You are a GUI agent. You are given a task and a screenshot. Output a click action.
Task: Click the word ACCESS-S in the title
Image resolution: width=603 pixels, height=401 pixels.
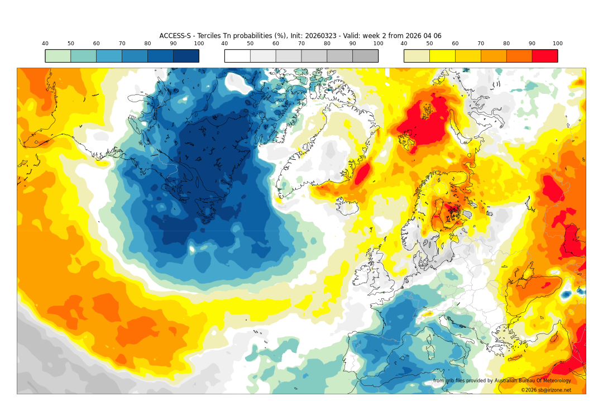coord(175,36)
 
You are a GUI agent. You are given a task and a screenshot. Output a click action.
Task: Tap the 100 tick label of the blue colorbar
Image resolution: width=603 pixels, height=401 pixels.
coord(199,44)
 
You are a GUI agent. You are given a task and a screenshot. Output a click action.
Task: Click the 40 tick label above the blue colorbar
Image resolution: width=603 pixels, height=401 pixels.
coord(45,44)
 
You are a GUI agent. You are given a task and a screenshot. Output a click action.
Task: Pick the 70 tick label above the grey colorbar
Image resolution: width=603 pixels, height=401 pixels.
coord(301,44)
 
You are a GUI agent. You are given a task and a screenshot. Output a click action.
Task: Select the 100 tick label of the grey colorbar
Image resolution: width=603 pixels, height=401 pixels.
coord(378,44)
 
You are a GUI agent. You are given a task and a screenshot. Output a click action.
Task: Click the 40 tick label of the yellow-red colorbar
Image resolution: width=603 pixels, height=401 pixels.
coord(404,44)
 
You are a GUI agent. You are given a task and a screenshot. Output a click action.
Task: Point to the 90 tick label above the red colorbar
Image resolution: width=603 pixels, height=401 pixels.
coord(532,44)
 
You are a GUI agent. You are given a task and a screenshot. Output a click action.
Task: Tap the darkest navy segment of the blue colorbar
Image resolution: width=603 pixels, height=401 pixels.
coord(186,56)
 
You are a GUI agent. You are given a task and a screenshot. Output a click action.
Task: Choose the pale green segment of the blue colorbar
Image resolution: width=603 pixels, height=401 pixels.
coord(58,56)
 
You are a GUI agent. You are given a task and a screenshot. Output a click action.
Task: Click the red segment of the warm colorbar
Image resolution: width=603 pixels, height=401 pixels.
coord(545,56)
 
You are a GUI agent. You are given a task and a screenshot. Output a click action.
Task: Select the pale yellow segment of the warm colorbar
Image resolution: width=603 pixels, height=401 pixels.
coord(417,56)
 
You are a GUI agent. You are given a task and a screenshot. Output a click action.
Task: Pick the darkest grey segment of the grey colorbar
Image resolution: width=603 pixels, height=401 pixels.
coord(365,56)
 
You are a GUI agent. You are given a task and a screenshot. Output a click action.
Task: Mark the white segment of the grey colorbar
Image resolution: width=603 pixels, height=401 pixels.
coord(237,56)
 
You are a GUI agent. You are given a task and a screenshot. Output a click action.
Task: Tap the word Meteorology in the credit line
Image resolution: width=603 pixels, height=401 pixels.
coord(555,381)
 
